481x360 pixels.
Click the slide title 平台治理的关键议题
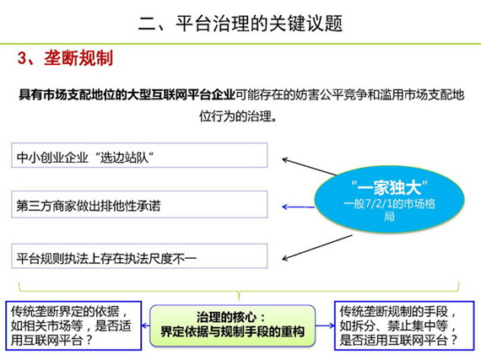click(x=259, y=24)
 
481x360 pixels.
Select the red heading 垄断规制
click(x=78, y=58)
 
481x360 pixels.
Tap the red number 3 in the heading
click(x=22, y=58)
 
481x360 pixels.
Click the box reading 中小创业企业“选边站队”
click(x=139, y=155)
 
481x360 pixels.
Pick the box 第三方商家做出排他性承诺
click(x=139, y=204)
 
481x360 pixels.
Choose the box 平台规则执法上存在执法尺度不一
click(x=139, y=256)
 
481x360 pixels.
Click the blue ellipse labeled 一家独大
click(x=389, y=199)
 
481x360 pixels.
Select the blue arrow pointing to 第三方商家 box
click(x=298, y=207)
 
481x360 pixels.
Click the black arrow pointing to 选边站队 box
click(x=309, y=167)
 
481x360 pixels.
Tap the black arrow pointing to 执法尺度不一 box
click(x=317, y=248)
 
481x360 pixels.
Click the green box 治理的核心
click(x=233, y=325)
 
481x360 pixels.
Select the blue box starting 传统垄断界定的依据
click(x=73, y=325)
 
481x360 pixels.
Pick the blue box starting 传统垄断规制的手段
click(x=404, y=325)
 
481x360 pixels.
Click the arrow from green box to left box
click(x=146, y=325)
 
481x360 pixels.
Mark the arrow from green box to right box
click(x=325, y=325)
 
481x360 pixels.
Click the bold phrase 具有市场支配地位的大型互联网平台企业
click(x=127, y=94)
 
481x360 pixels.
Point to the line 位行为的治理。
click(x=238, y=116)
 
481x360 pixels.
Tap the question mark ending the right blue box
click(x=453, y=340)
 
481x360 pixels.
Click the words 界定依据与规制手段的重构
click(x=233, y=332)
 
